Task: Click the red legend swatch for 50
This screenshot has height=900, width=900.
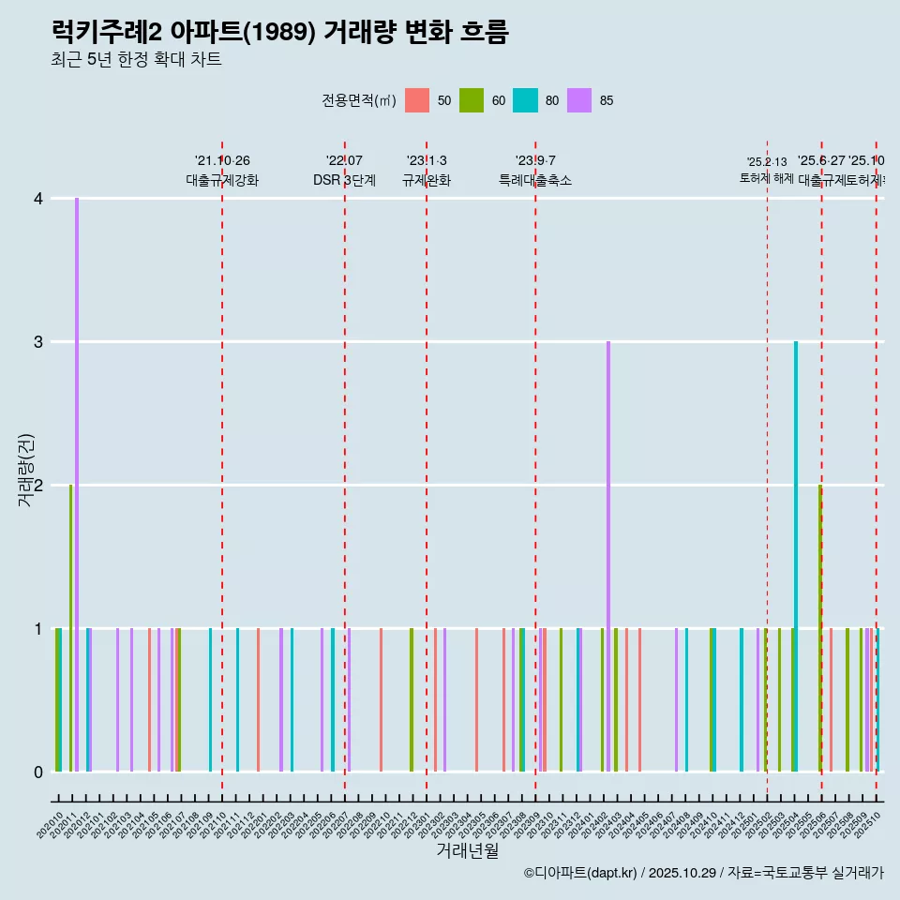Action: pyautogui.click(x=417, y=100)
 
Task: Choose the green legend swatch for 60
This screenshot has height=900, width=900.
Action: pyautogui.click(x=471, y=100)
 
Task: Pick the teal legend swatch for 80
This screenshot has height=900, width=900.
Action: pyautogui.click(x=525, y=100)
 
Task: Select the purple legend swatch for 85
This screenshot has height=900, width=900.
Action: pyautogui.click(x=579, y=100)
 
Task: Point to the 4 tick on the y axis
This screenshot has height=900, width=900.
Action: pyautogui.click(x=38, y=199)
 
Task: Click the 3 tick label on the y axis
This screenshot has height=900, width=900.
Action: pyautogui.click(x=38, y=342)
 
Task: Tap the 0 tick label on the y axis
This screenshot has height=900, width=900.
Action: pyautogui.click(x=38, y=772)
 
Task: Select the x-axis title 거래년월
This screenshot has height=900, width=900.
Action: pyautogui.click(x=467, y=850)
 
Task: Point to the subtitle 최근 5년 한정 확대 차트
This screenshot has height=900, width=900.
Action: pyautogui.click(x=136, y=60)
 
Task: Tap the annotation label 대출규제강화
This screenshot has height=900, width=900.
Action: pyautogui.click(x=222, y=180)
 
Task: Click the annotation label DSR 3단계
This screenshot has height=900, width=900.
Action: pyautogui.click(x=344, y=180)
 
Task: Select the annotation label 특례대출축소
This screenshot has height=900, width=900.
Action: pyautogui.click(x=535, y=180)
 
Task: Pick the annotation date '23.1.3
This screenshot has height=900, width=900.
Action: pyautogui.click(x=427, y=160)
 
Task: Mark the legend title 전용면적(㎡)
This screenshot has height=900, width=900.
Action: pyautogui.click(x=359, y=100)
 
